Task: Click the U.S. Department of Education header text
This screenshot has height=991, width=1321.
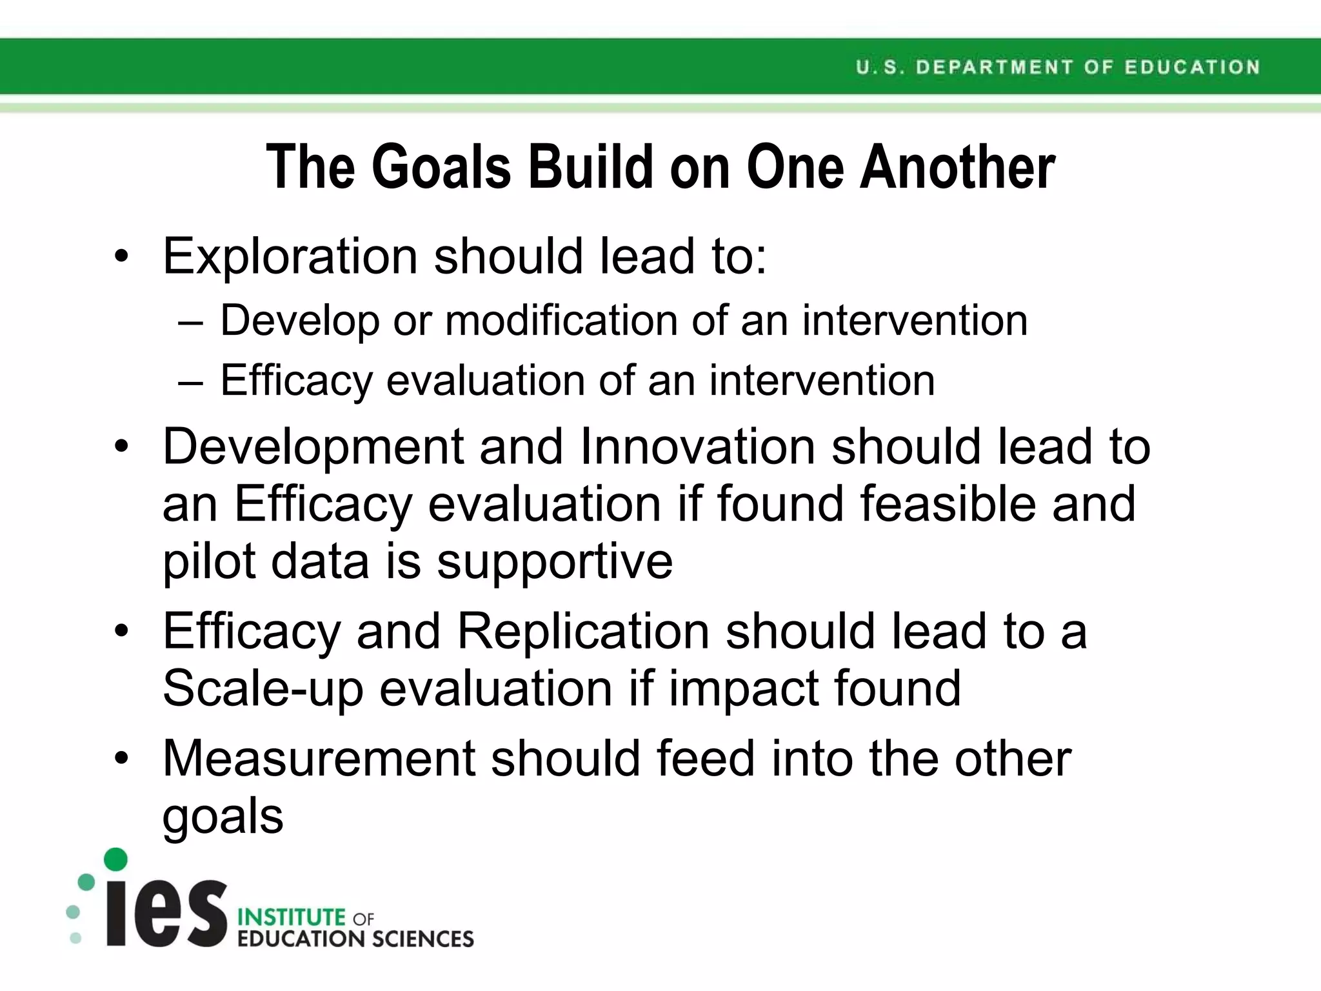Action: click(x=1058, y=67)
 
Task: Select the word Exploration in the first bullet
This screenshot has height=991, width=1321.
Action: click(x=290, y=257)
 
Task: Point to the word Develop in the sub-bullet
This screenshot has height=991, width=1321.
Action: click(x=299, y=321)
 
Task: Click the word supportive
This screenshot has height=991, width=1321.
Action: click(x=555, y=561)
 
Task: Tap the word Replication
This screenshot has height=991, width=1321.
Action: click(x=584, y=631)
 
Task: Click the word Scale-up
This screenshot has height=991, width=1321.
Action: click(x=263, y=689)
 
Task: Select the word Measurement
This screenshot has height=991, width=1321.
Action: click(x=319, y=759)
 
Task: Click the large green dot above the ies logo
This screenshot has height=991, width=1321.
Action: click(x=115, y=859)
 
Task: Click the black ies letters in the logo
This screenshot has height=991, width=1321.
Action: click(x=166, y=914)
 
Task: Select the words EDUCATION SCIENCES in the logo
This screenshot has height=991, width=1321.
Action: click(x=355, y=939)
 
